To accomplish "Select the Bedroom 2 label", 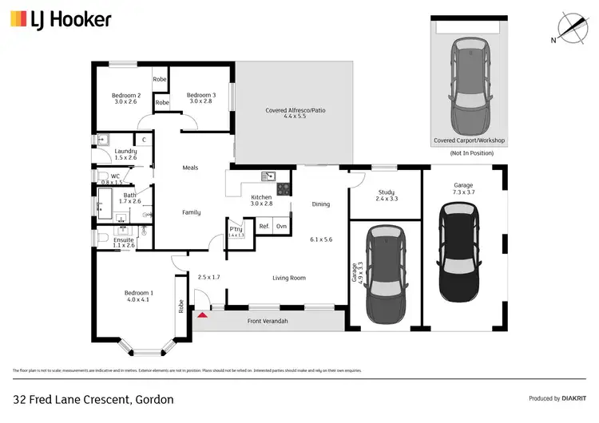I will pyautogui.click(x=126, y=98).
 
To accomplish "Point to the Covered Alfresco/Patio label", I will pyautogui.click(x=296, y=113).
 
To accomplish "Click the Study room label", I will pyautogui.click(x=387, y=195).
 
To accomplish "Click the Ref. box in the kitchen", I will pyautogui.click(x=264, y=227).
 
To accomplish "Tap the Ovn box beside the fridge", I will pyautogui.click(x=281, y=227).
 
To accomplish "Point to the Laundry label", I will pyautogui.click(x=125, y=154).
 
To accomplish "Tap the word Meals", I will pyautogui.click(x=190, y=168).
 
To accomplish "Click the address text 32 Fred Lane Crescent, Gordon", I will pyautogui.click(x=93, y=398).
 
